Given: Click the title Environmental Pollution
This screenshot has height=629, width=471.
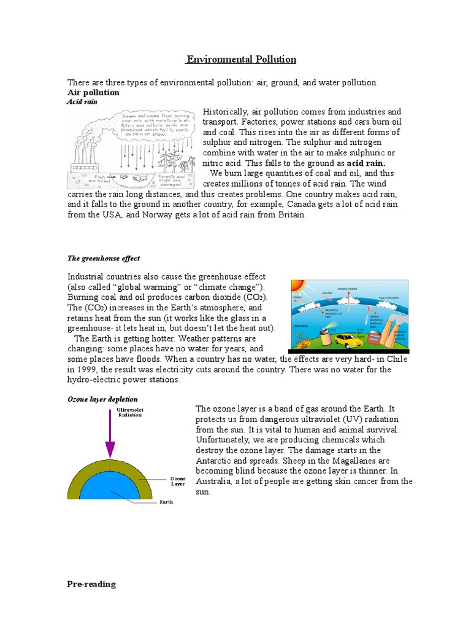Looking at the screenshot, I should (242, 60).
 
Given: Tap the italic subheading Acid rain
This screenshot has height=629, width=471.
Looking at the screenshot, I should (82, 101).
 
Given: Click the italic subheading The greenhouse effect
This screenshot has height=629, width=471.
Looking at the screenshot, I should (103, 259).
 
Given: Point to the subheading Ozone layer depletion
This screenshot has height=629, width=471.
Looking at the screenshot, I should (102, 399).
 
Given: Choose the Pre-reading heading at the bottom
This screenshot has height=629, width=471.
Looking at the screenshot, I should (91, 584).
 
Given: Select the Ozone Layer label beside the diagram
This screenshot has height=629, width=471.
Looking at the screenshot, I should (177, 480).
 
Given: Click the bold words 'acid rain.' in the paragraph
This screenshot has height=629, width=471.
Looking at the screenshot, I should (366, 163).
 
